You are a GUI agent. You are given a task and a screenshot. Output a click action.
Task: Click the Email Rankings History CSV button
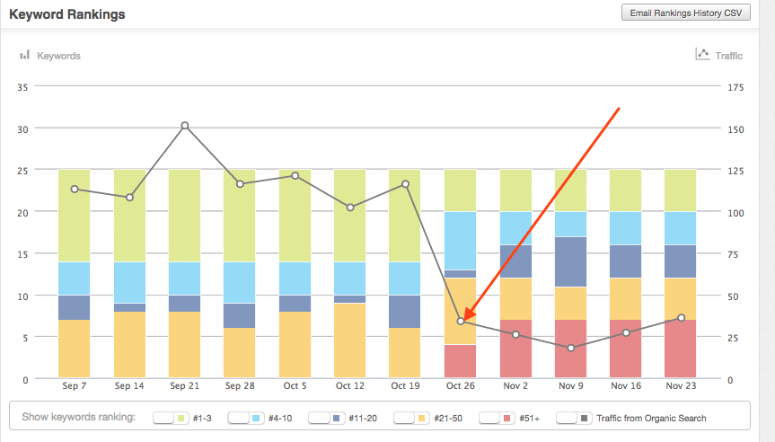click(686, 13)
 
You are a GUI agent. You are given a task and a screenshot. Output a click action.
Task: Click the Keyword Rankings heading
click(67, 15)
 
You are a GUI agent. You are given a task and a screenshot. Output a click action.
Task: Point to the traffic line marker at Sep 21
click(185, 126)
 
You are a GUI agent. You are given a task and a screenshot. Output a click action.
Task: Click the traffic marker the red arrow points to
click(461, 321)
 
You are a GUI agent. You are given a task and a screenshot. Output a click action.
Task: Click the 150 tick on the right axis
click(735, 128)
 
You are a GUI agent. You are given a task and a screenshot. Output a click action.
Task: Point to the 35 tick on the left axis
click(23, 87)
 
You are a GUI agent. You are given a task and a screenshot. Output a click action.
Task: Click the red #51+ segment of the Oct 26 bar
click(461, 362)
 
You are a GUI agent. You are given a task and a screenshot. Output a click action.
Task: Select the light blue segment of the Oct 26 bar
click(461, 241)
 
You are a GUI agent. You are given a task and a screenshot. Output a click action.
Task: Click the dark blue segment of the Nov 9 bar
click(571, 261)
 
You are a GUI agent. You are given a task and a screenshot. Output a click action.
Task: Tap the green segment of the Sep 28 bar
click(240, 216)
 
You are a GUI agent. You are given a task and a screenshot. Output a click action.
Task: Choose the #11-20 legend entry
click(362, 418)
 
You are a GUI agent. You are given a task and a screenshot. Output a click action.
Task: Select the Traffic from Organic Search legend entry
click(651, 418)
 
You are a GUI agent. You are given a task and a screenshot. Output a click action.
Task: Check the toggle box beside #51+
click(491, 418)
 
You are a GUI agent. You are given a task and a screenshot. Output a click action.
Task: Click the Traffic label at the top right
click(728, 56)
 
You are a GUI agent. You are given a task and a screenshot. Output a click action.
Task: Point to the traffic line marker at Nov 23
click(682, 318)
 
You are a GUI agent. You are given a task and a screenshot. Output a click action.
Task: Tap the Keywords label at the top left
click(58, 56)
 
